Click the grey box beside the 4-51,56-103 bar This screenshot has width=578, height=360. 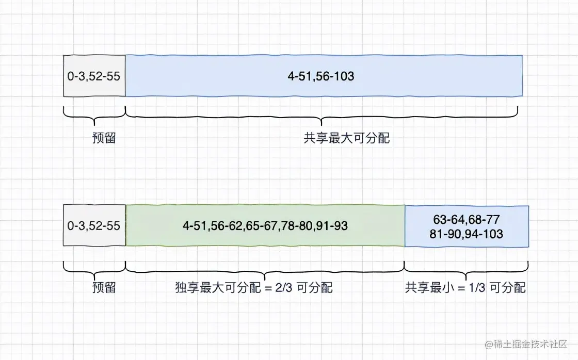(94, 76)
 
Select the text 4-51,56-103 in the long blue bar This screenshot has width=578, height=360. (321, 76)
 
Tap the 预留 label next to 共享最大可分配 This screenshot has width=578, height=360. (104, 139)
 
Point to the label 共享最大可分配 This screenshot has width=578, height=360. (347, 139)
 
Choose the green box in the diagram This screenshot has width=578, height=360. (265, 225)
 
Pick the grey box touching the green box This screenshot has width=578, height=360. (94, 225)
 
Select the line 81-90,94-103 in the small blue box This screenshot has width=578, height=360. (466, 234)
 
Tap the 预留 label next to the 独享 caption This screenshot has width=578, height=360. (104, 288)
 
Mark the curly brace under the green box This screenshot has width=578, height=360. (265, 267)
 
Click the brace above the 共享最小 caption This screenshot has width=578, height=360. (466, 267)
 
